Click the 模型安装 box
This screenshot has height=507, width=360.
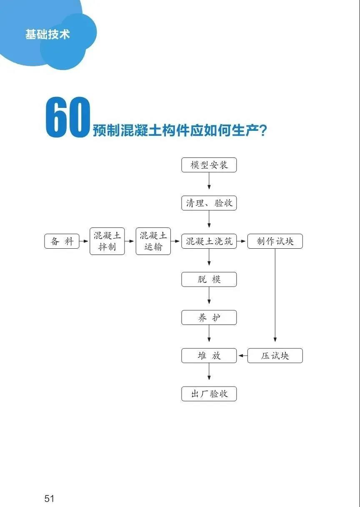click(209, 165)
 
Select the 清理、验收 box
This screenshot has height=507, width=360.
click(209, 203)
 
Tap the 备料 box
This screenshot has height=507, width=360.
click(62, 242)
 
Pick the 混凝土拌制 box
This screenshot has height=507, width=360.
click(107, 242)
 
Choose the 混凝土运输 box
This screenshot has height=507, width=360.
click(153, 242)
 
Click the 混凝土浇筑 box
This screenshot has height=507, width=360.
click(209, 242)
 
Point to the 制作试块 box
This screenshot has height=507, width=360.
click(275, 242)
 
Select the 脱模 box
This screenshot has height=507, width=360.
click(209, 280)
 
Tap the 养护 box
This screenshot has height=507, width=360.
click(209, 318)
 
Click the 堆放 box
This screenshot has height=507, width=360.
click(209, 356)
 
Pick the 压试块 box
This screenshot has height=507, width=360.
click(275, 356)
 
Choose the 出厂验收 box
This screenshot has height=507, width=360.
click(209, 394)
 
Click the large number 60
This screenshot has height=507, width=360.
click(68, 118)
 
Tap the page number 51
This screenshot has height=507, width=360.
click(50, 498)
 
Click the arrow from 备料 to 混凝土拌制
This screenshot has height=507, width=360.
click(85, 242)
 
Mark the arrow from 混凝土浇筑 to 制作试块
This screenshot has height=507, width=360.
click(242, 242)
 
